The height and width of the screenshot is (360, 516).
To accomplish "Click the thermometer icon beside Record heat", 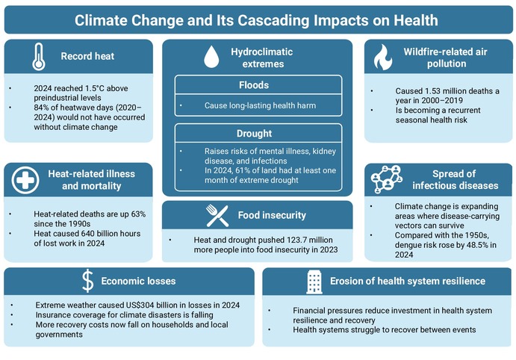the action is [x=39, y=57].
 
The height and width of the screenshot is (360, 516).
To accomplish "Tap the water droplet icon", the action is [x=211, y=57].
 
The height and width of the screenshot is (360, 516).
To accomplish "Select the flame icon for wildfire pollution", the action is [x=383, y=57].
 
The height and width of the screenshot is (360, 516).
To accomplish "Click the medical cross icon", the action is [x=25, y=180].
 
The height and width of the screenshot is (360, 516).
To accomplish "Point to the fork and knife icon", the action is [x=217, y=216].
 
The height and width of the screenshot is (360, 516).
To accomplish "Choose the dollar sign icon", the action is [x=88, y=281].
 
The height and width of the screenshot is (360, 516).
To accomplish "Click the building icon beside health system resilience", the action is [x=314, y=282].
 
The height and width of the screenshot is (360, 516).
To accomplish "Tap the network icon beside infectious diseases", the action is [x=387, y=179].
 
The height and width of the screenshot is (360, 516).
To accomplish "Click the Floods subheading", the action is [x=254, y=85].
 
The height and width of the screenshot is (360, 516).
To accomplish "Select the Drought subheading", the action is [x=254, y=134].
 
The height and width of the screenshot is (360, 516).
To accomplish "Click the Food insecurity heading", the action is [x=272, y=215].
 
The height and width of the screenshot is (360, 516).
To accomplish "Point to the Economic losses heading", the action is [x=138, y=281].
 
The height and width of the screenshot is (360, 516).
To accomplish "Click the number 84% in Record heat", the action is [x=41, y=108].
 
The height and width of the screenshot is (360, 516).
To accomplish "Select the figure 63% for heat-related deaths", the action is [x=138, y=214].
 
